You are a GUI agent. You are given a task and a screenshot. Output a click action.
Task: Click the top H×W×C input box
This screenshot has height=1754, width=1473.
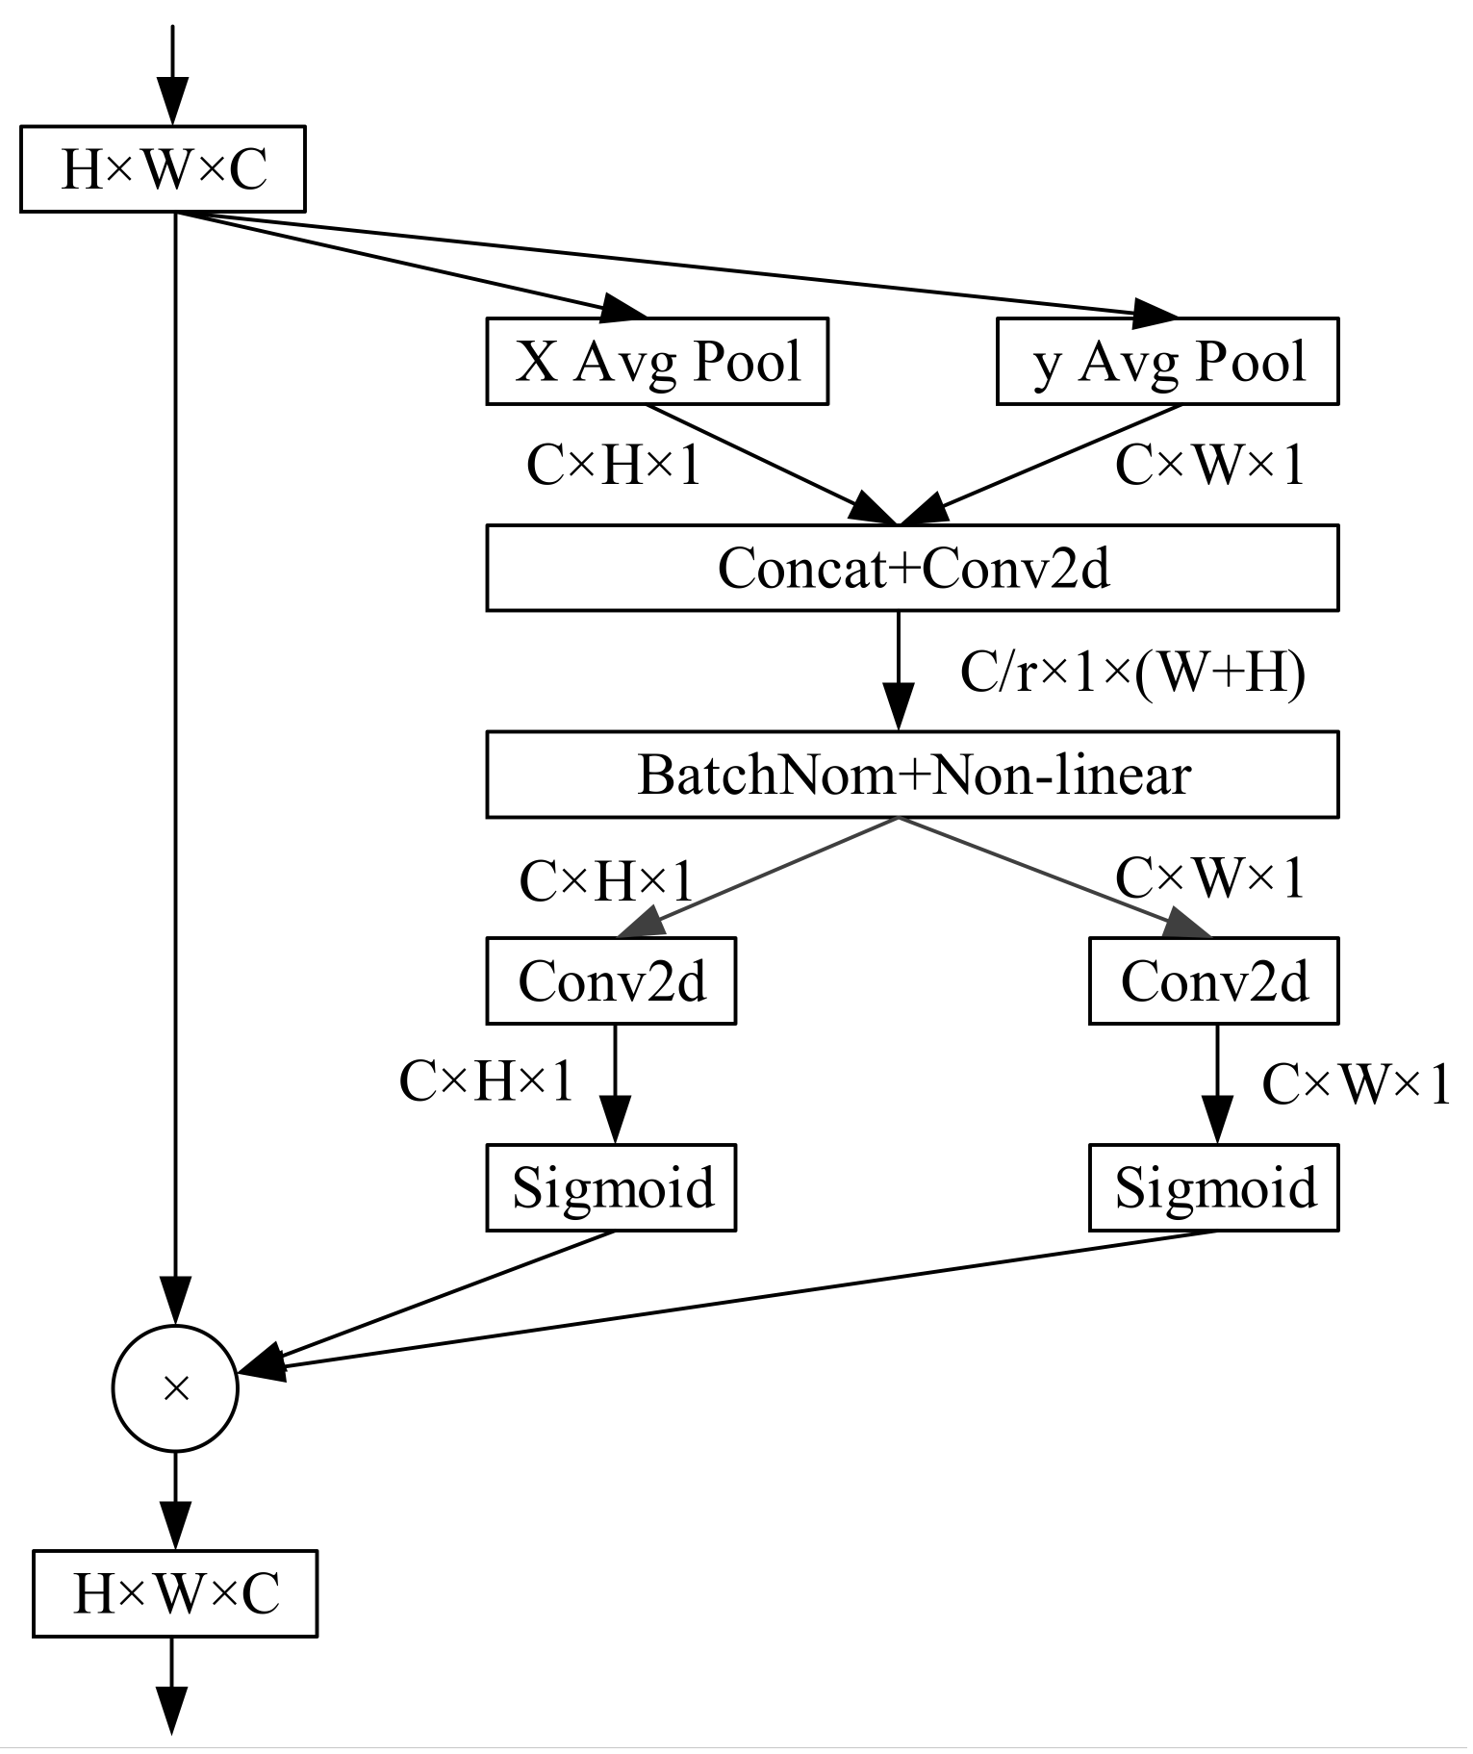(x=163, y=169)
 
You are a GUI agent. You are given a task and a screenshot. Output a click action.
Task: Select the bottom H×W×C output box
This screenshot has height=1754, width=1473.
(x=175, y=1593)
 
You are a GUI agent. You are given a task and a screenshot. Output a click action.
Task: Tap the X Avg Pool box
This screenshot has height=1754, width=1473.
(x=657, y=362)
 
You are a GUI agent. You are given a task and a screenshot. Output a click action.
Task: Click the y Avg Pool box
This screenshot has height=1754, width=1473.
(x=1167, y=362)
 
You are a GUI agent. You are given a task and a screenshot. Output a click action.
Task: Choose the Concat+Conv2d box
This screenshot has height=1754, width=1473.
(x=912, y=568)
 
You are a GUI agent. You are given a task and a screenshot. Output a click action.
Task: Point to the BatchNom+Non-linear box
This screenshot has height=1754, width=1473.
(x=912, y=775)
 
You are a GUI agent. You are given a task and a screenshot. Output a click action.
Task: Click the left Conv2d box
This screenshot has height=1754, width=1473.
(x=611, y=981)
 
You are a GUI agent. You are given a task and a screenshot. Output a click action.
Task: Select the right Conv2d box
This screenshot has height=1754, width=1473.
(x=1213, y=981)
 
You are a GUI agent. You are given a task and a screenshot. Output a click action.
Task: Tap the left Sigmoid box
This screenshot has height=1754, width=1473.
(x=611, y=1187)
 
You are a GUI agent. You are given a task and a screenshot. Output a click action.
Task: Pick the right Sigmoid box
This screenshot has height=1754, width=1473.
(x=1213, y=1187)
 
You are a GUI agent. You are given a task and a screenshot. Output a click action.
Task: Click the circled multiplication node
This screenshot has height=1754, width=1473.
(x=175, y=1388)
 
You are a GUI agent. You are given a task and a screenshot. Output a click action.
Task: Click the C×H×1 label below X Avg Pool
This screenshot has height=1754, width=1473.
(x=613, y=466)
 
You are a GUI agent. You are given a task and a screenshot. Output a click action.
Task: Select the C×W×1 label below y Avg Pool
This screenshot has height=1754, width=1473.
(x=1209, y=466)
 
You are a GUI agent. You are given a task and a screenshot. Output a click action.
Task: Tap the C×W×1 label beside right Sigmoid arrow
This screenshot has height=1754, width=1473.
(x=1355, y=1085)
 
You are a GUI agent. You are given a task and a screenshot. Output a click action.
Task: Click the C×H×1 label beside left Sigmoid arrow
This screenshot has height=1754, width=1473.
(x=486, y=1080)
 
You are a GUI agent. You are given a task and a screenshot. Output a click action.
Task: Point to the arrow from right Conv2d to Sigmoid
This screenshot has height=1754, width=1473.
(x=1216, y=1083)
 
